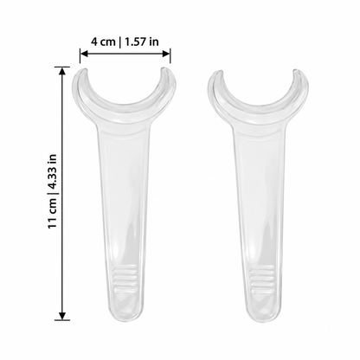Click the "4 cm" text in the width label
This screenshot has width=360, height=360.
click(x=103, y=42)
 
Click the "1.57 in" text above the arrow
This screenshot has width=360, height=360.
click(x=142, y=42)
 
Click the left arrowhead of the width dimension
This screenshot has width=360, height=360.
click(x=84, y=54)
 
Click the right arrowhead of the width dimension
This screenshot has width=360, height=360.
click(x=166, y=54)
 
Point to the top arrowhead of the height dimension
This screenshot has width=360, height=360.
click(x=62, y=71)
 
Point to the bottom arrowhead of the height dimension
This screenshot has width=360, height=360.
click(x=62, y=316)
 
